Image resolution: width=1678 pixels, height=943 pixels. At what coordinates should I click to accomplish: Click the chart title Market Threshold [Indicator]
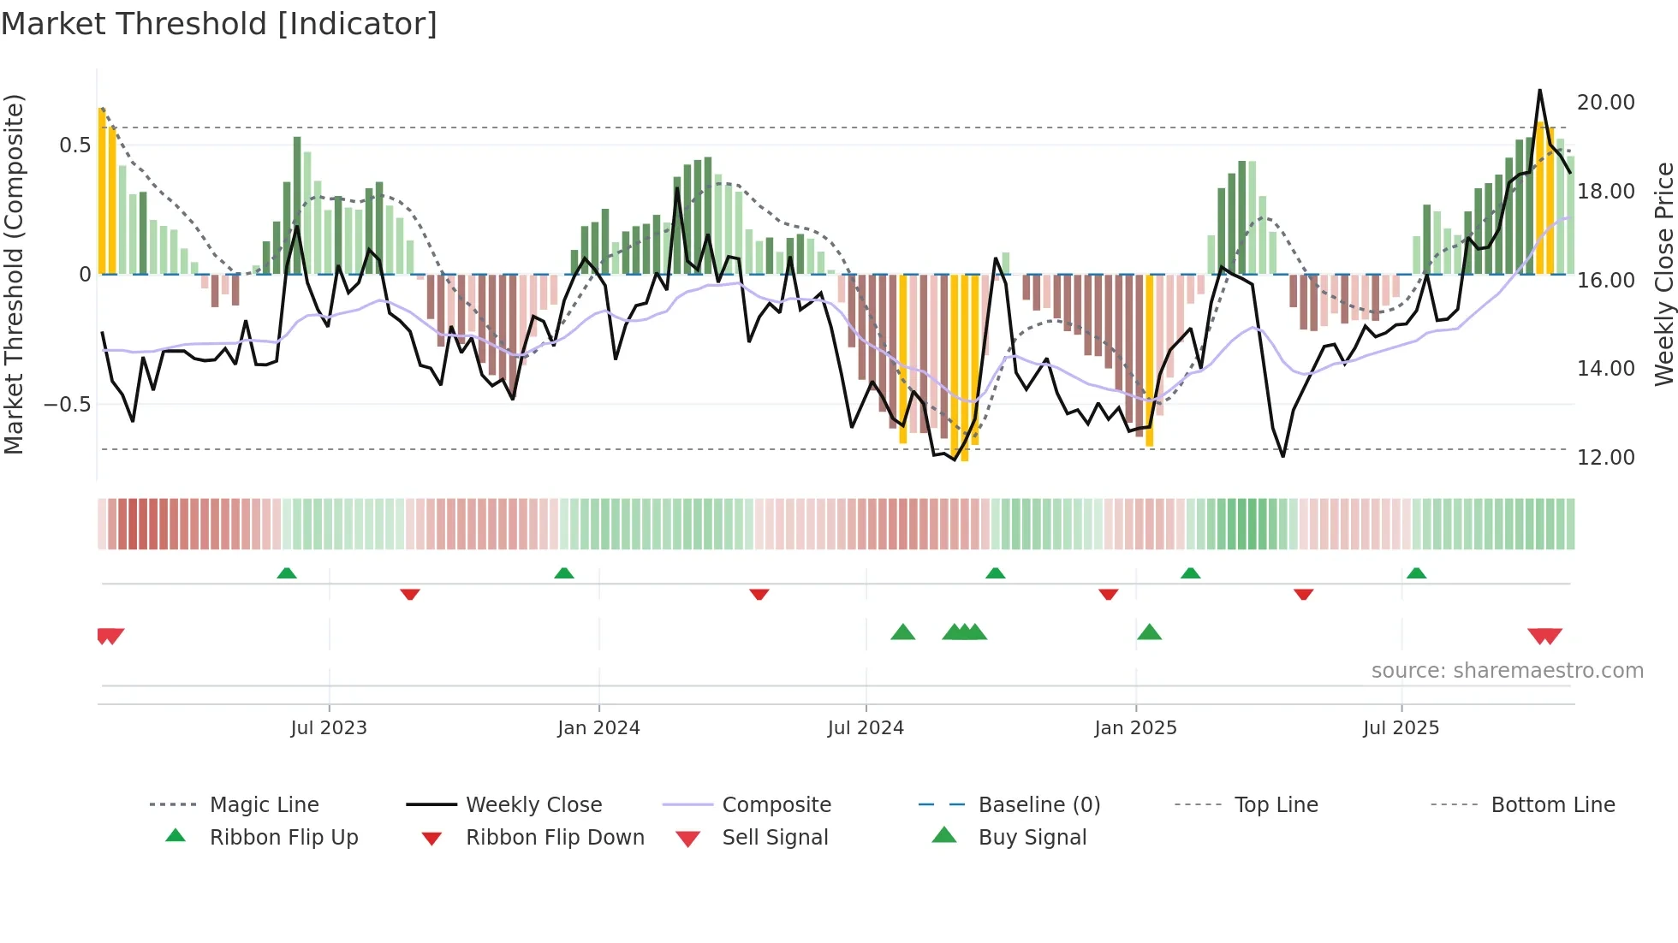tap(219, 24)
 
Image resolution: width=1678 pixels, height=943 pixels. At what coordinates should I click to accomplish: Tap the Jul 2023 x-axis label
tap(328, 727)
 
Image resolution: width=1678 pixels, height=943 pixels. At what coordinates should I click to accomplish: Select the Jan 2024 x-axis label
tap(598, 727)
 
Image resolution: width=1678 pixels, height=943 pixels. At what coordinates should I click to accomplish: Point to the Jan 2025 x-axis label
tap(1135, 727)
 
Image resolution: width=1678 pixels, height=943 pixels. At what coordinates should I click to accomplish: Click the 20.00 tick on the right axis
tap(1605, 102)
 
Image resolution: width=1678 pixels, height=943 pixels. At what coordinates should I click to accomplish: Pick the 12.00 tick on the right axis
tap(1605, 457)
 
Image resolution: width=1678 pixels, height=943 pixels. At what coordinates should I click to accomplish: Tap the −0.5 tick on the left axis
tap(67, 404)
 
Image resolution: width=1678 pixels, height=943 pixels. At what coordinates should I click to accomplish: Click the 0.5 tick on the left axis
tap(74, 145)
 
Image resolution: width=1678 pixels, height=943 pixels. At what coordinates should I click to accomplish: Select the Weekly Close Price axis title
tap(1663, 274)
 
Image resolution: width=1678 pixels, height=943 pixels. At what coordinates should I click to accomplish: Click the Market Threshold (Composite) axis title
tap(14, 274)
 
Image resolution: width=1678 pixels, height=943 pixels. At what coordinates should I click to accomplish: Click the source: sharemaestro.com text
tap(1507, 670)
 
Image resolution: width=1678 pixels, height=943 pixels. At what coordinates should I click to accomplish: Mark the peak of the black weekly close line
tap(1539, 90)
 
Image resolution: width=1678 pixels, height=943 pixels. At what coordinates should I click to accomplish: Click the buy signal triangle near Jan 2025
tap(1149, 632)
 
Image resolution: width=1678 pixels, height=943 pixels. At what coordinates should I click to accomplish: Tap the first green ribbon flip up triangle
tap(287, 572)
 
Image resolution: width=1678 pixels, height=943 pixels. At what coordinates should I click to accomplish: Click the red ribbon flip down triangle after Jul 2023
tap(410, 594)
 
